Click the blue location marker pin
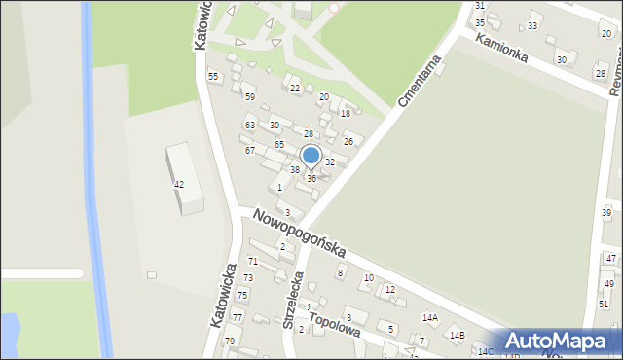[x=311, y=156]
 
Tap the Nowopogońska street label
[x=299, y=234]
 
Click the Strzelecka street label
[x=294, y=301]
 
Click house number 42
[x=179, y=185]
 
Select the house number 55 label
[x=213, y=77]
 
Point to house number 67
[x=250, y=151]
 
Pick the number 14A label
[x=429, y=318]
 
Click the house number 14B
[x=457, y=336]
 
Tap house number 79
[x=231, y=342]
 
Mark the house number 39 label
[x=605, y=213]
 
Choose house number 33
[x=531, y=25]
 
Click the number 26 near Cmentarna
[x=348, y=142]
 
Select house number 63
[x=250, y=126]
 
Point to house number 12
[x=390, y=290]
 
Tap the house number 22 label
[x=295, y=89]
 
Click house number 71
[x=252, y=262]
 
